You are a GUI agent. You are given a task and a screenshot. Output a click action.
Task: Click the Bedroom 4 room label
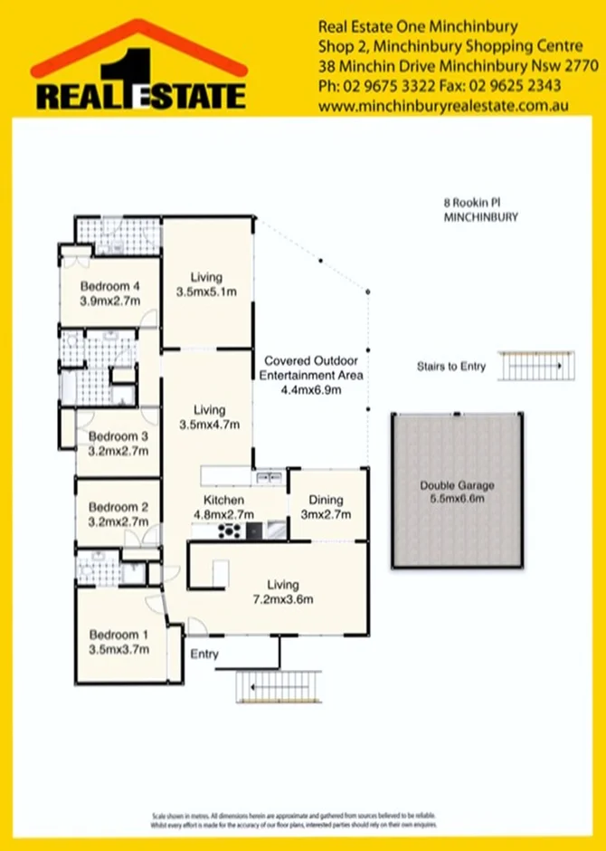point(110,287)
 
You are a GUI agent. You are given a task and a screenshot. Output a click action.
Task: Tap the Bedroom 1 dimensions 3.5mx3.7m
point(115,649)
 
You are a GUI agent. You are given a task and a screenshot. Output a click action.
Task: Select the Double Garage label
point(457,485)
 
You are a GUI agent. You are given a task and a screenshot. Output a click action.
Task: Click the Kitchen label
point(224,500)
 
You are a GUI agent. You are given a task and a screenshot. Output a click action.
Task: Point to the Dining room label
point(326,500)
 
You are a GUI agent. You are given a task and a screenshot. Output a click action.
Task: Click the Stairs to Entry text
point(450,367)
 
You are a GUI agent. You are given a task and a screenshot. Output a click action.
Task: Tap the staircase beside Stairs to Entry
point(535,367)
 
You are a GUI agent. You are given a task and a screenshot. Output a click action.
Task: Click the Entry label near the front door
point(204,654)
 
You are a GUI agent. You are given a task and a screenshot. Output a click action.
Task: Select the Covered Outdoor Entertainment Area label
point(311,368)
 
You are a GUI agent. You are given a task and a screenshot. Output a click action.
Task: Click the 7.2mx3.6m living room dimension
point(283,599)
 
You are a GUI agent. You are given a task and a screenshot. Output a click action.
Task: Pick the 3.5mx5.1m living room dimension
point(206,292)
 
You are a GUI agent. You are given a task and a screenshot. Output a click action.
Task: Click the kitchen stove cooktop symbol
point(230,531)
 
